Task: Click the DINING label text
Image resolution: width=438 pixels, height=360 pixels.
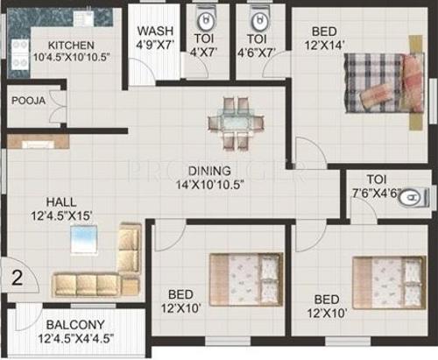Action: (208, 170)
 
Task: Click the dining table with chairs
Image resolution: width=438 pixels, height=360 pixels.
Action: (231, 125)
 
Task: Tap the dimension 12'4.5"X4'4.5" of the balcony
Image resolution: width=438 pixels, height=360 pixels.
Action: (74, 338)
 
